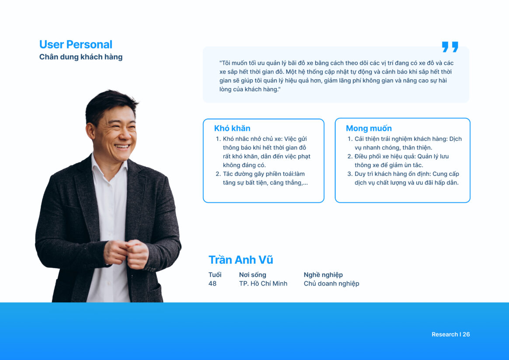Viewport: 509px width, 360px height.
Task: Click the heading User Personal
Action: point(76,45)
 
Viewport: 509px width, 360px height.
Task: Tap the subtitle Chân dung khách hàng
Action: point(81,57)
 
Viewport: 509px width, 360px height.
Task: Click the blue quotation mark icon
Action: point(450,47)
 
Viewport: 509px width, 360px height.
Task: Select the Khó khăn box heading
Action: point(232,128)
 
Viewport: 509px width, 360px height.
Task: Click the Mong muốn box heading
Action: point(369,128)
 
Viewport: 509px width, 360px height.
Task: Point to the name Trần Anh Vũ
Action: point(241,260)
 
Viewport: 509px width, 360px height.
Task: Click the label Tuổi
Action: point(215,275)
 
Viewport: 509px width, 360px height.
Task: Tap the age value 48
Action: point(212,283)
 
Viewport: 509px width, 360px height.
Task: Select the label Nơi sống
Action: point(253,275)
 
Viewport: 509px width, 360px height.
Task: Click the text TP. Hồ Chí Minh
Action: point(263,283)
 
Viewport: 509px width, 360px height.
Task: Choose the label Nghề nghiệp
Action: point(323,275)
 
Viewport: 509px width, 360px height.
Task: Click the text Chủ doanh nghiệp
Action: point(331,284)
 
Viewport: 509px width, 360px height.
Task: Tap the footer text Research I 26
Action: point(450,334)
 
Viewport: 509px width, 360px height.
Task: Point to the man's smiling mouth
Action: point(122,147)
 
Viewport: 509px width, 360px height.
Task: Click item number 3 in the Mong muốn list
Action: point(403,178)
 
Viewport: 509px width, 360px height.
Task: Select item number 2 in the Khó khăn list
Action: point(261,178)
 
